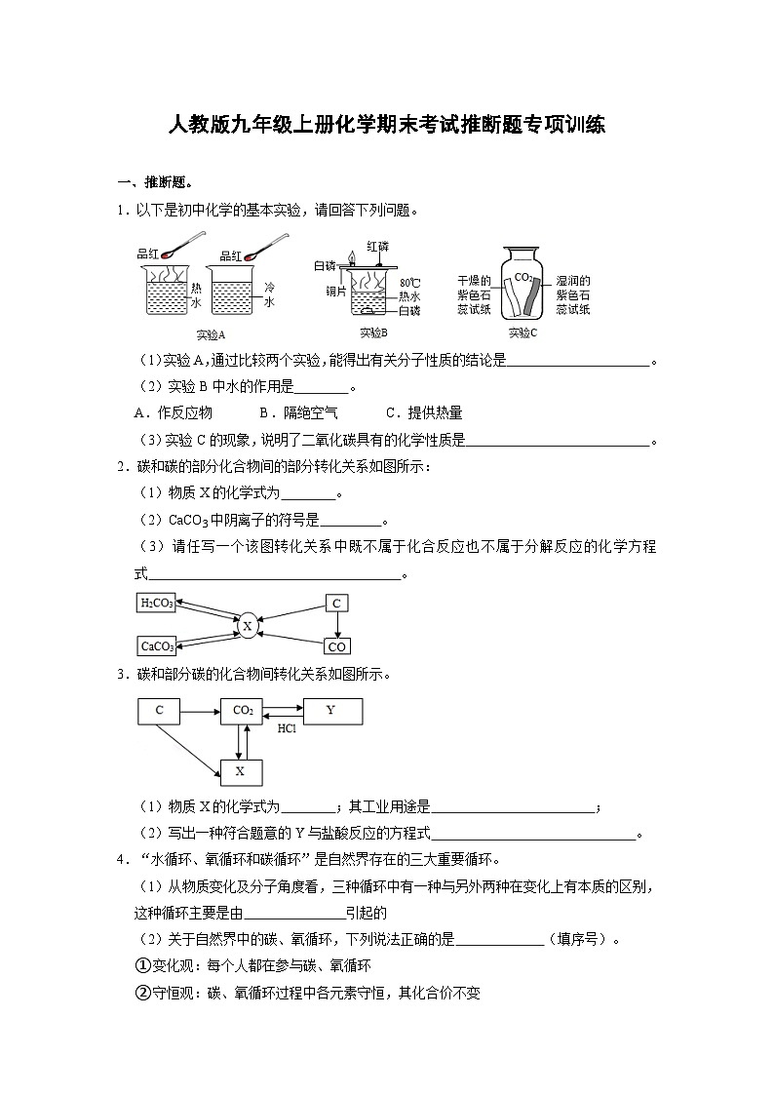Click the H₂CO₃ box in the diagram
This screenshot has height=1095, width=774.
coord(156,604)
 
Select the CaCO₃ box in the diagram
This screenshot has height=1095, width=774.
coord(156,645)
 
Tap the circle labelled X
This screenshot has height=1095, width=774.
coord(248,625)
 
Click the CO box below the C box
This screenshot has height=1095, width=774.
coord(336,646)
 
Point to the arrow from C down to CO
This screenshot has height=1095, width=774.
coord(336,625)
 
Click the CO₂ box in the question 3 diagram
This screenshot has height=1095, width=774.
coord(243,711)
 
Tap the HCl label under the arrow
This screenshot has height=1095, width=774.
coord(288,728)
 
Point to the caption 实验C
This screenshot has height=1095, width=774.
coord(522,333)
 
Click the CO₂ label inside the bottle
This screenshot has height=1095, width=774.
coord(523,277)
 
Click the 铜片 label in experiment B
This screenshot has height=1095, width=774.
coord(337,291)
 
